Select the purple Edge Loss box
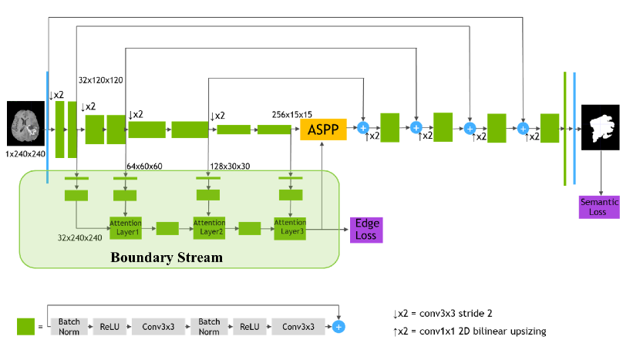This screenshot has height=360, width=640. pyautogui.click(x=365, y=229)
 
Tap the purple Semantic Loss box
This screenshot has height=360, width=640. pyautogui.click(x=599, y=207)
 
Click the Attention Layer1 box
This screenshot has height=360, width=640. pyautogui.click(x=126, y=227)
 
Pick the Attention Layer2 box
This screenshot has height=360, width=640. pyautogui.click(x=208, y=227)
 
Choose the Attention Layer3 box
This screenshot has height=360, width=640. pyautogui.click(x=290, y=227)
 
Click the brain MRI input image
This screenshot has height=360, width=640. pyautogui.click(x=25, y=123)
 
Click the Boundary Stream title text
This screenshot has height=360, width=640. pyautogui.click(x=166, y=257)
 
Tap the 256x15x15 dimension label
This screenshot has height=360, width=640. pyautogui.click(x=292, y=114)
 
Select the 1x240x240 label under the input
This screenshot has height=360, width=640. pyautogui.click(x=25, y=154)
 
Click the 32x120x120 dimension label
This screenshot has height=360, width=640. pyautogui.click(x=101, y=79)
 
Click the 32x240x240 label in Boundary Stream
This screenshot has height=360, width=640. pyautogui.click(x=80, y=237)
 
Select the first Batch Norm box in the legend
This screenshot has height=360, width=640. pyautogui.click(x=69, y=326)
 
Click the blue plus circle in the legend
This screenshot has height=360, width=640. pyautogui.click(x=339, y=326)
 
